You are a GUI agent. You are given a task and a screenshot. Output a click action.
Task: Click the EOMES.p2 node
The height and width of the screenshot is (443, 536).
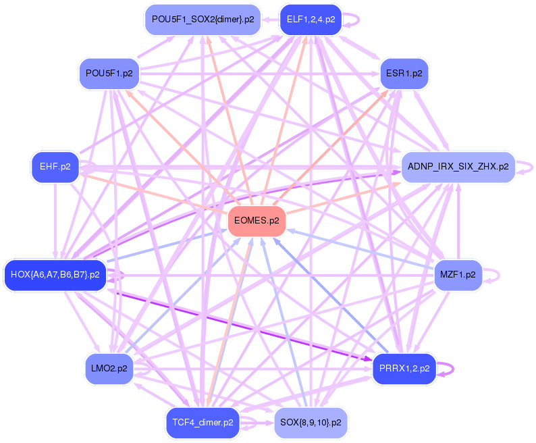pyautogui.click(x=257, y=221)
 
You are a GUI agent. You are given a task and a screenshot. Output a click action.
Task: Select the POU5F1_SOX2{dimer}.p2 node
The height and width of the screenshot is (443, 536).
pyautogui.click(x=203, y=20)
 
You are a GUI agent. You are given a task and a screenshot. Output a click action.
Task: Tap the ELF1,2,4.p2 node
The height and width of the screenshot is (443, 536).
pyautogui.click(x=311, y=20)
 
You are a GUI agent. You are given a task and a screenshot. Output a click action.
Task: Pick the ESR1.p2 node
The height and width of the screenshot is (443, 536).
pyautogui.click(x=404, y=73)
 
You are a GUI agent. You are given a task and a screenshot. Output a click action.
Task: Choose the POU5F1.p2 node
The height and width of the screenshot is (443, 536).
pyautogui.click(x=109, y=73)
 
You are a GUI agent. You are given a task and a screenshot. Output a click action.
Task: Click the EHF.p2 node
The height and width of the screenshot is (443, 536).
pyautogui.click(x=55, y=166)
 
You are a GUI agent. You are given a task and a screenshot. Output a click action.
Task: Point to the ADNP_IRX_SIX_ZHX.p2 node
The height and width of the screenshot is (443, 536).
pyautogui.click(x=458, y=167)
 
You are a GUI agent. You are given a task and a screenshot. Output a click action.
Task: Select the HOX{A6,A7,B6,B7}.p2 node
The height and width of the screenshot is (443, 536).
pyautogui.click(x=55, y=275)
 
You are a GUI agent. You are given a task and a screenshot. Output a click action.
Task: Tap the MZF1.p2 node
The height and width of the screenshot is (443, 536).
pyautogui.click(x=458, y=275)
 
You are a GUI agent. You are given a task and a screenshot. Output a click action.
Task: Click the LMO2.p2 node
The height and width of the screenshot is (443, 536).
pyautogui.click(x=109, y=369)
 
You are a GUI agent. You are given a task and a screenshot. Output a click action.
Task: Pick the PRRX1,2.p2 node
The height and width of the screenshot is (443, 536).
pyautogui.click(x=404, y=369)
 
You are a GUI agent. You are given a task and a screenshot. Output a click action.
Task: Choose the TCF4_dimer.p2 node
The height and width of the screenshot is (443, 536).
pyautogui.click(x=203, y=423)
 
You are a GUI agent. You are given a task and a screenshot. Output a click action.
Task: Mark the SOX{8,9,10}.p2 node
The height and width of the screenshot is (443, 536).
pyautogui.click(x=311, y=423)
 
